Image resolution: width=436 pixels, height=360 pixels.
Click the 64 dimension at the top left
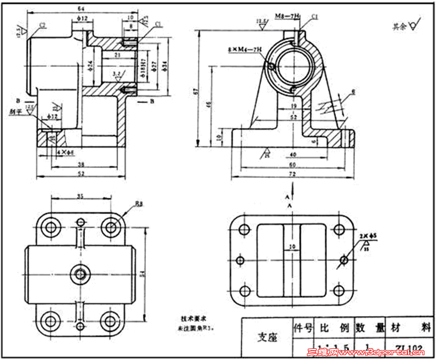point(81,8)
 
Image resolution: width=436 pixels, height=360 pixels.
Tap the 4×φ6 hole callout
point(64,152)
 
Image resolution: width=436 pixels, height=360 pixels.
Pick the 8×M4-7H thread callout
point(244,52)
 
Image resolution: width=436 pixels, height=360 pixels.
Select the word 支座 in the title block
point(268,338)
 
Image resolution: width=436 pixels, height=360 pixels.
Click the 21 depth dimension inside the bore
point(118,55)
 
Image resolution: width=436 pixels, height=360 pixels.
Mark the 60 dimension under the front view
point(292,165)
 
